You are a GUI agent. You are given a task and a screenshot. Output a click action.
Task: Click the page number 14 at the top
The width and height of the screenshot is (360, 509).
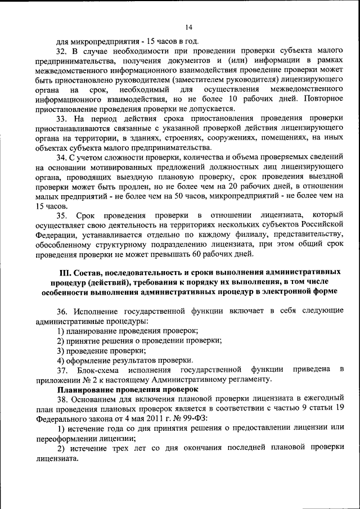click(x=188, y=26)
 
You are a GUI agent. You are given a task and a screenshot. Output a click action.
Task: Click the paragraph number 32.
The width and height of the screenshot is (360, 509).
click(x=61, y=51)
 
